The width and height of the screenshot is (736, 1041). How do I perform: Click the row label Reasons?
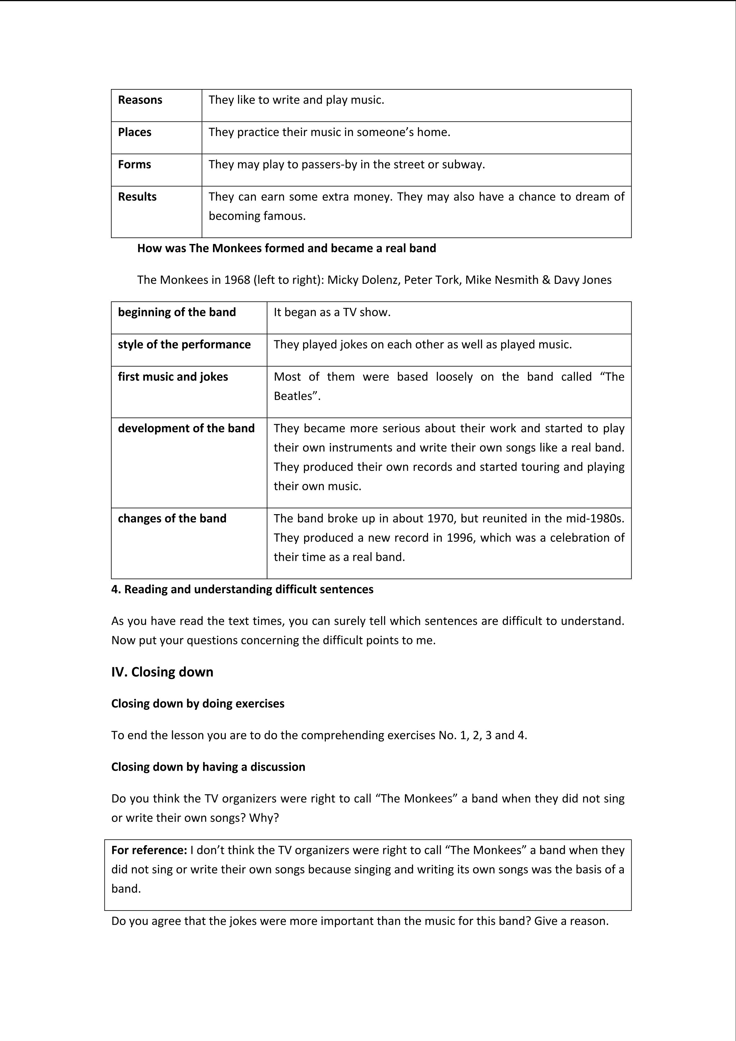point(140,100)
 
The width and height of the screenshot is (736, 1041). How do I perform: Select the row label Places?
point(134,132)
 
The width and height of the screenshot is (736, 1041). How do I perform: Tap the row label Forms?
point(134,164)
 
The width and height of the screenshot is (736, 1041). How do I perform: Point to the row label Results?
point(137,196)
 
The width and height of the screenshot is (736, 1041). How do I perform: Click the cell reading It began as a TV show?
point(332,312)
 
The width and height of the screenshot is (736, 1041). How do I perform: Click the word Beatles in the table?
point(293,396)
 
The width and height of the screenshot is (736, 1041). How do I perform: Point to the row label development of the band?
point(186,428)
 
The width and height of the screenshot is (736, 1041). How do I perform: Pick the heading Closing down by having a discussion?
point(208,767)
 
